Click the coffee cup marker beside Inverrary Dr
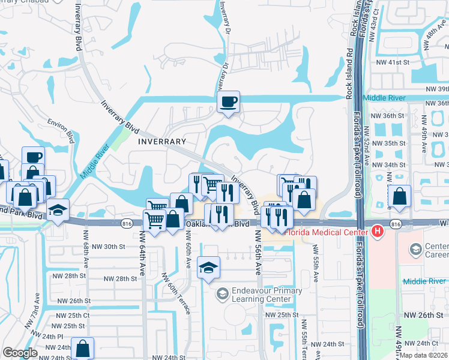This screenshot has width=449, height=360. (x=228, y=102)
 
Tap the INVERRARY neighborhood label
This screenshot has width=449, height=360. (x=162, y=142)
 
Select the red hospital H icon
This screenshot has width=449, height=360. (x=377, y=230)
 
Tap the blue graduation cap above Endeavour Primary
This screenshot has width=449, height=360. (x=208, y=268)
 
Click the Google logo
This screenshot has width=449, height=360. (x=20, y=353)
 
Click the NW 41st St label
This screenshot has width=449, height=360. (x=391, y=62)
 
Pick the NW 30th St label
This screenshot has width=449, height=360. (x=109, y=247)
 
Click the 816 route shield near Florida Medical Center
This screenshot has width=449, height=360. (x=395, y=224)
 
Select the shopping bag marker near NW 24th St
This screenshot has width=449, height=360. (x=82, y=349)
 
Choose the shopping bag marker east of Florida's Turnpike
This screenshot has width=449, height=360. (x=399, y=196)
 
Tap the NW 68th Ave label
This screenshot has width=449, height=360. (x=86, y=249)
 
